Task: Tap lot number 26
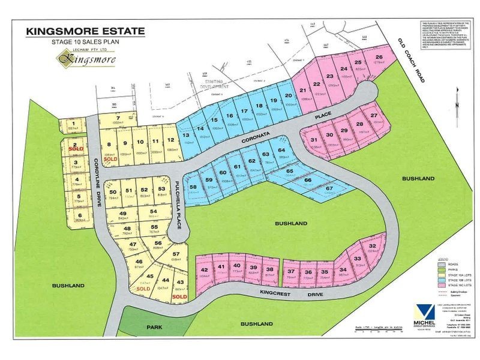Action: point(379,58)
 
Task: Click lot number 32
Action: point(373,247)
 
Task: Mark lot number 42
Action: point(204,270)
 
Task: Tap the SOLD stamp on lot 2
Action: point(76,148)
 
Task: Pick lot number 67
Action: point(328,189)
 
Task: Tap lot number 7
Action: point(119,117)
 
